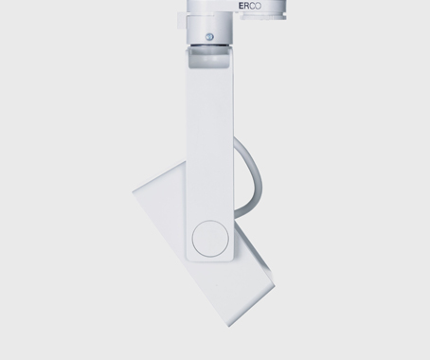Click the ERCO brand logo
click(250, 6)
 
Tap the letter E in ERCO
click(242, 6)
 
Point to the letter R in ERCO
click(246, 6)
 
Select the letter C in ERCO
click(252, 6)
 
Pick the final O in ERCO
click(259, 6)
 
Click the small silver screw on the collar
click(209, 37)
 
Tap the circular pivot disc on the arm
click(210, 238)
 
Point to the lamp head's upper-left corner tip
click(133, 191)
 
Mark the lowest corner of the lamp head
click(229, 326)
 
